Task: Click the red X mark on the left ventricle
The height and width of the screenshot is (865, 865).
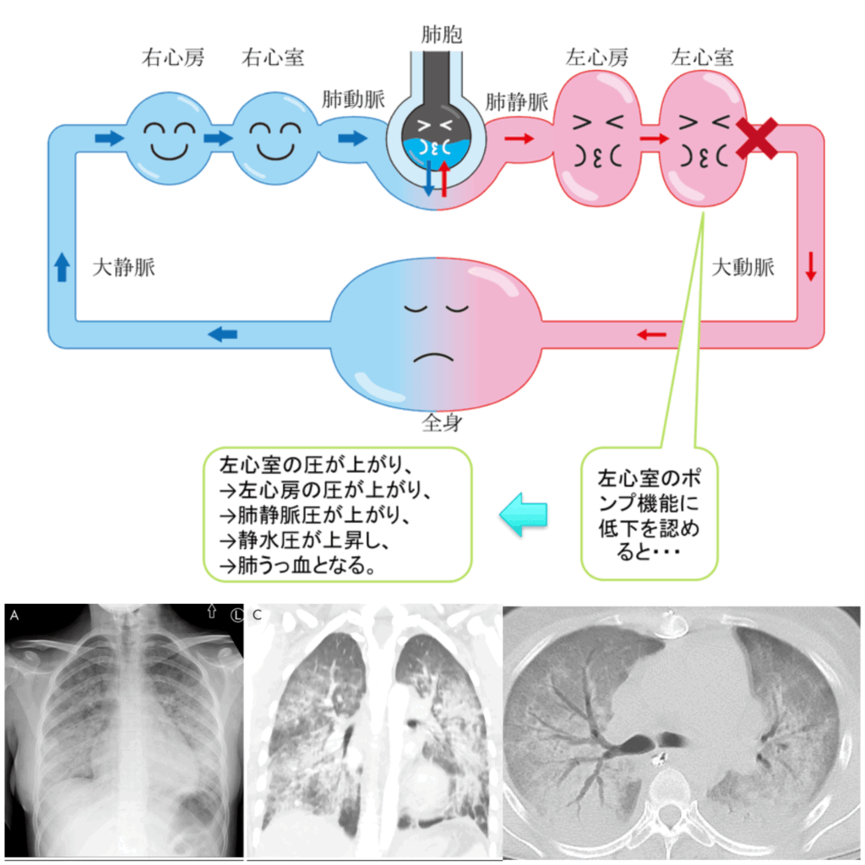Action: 758,139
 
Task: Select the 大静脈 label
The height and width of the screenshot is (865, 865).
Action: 123,268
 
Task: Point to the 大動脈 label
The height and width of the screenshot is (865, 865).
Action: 743,268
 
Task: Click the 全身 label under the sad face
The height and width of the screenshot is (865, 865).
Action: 442,423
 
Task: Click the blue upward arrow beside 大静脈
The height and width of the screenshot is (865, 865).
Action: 62,268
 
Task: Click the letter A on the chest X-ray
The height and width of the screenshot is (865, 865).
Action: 14,616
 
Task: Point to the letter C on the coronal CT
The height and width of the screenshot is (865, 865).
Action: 257,616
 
